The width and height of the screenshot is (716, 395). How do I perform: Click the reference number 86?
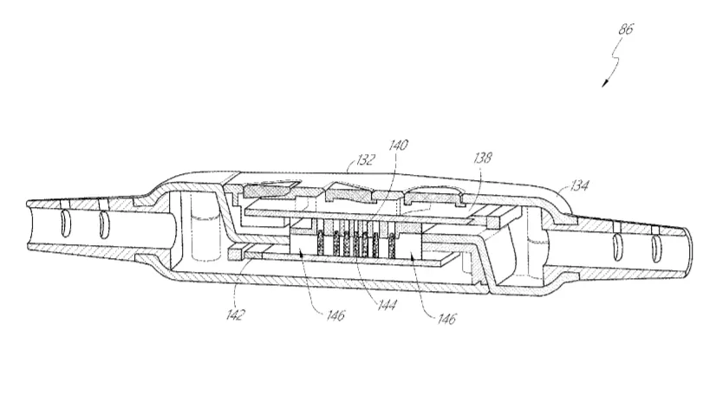pyautogui.click(x=626, y=29)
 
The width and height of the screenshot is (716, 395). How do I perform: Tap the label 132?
pyautogui.click(x=366, y=159)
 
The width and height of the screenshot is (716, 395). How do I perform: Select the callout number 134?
pyautogui.click(x=579, y=185)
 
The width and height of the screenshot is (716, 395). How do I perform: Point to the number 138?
pyautogui.click(x=483, y=158)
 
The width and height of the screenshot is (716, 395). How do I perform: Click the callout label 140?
pyautogui.click(x=398, y=145)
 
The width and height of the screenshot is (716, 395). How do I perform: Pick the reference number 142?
pyautogui.click(x=236, y=314)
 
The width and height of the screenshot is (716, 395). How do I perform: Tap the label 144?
pyautogui.click(x=387, y=304)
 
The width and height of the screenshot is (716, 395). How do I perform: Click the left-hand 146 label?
pyautogui.click(x=335, y=314)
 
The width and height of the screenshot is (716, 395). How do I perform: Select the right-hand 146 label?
pyautogui.click(x=446, y=319)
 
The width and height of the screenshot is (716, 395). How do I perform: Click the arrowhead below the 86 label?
pyautogui.click(x=605, y=83)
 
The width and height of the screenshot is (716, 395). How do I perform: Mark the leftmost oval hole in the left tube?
pyautogui.click(x=65, y=224)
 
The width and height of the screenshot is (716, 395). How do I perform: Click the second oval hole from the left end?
pyautogui.click(x=103, y=224)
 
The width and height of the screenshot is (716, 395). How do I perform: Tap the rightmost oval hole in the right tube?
pyautogui.click(x=656, y=247)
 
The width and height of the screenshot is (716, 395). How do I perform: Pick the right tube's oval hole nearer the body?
pyautogui.click(x=618, y=245)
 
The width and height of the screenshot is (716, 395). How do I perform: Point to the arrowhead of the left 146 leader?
pyautogui.click(x=301, y=255)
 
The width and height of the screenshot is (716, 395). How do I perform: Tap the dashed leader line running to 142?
pyautogui.click(x=239, y=282)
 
